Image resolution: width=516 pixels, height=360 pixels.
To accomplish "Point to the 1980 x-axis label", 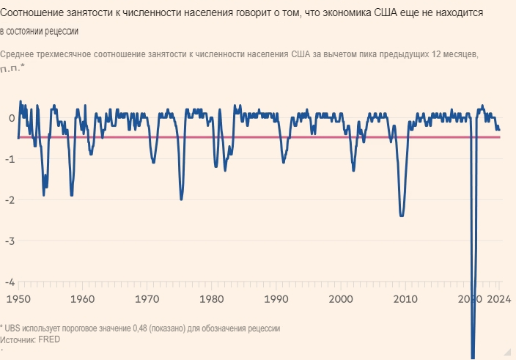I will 212,299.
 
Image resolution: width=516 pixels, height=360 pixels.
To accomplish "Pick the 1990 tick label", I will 276,299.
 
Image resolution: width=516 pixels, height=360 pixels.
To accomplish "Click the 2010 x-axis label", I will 405,299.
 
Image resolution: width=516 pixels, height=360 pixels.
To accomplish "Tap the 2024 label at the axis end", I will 498,299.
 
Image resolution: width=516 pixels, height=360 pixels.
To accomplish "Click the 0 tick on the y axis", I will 11,117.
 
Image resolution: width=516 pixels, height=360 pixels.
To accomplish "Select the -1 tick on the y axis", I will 10,158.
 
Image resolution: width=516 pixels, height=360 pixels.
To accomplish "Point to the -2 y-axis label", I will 10,199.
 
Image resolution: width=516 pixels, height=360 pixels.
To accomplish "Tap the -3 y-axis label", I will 10,240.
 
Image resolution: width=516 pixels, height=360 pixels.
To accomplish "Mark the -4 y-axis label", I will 10,282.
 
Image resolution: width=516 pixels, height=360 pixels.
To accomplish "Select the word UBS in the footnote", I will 13,328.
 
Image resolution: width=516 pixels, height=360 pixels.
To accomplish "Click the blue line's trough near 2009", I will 402,216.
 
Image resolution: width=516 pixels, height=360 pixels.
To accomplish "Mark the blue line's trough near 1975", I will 181,199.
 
